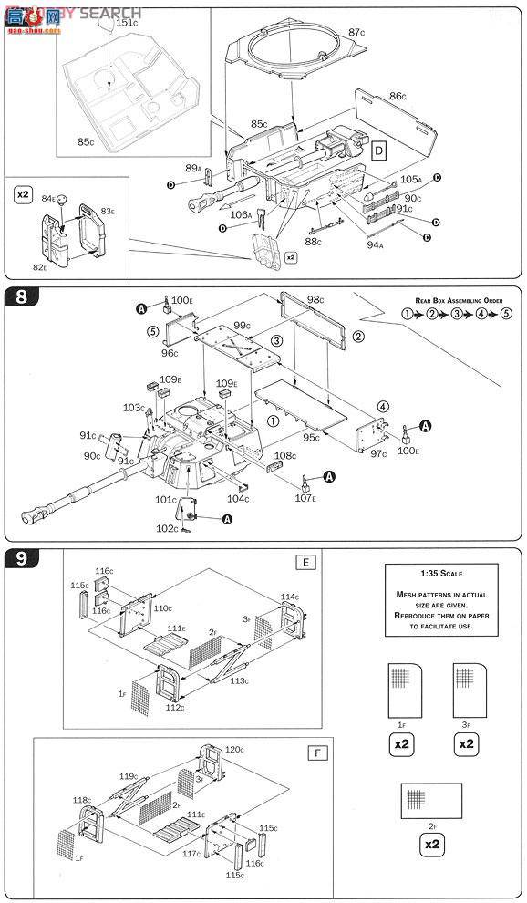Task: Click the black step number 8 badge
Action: pyautogui.click(x=19, y=297)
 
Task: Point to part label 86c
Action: pyautogui.click(x=398, y=96)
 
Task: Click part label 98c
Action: pyautogui.click(x=315, y=300)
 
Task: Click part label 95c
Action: pyautogui.click(x=311, y=439)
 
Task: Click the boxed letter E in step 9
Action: pyautogui.click(x=305, y=562)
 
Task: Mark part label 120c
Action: pyautogui.click(x=234, y=749)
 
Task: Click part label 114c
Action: pyautogui.click(x=289, y=597)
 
